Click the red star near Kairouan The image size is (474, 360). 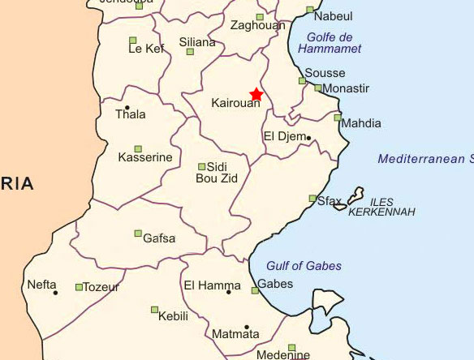[x=256, y=94]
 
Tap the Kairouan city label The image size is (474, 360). [x=235, y=104]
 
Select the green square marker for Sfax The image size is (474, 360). [x=312, y=199]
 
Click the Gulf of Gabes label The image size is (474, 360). [x=304, y=266]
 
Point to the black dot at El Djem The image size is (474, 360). [x=308, y=138]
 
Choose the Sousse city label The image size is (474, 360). [x=325, y=73]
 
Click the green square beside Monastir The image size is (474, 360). [x=318, y=88]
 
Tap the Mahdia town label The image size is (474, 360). [x=362, y=124]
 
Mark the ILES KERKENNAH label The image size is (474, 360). [x=381, y=207]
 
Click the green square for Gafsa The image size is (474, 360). [x=138, y=234]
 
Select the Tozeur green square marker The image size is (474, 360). [x=79, y=287]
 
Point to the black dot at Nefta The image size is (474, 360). [x=56, y=293]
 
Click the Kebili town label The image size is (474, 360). [x=173, y=315]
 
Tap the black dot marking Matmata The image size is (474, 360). [x=246, y=327]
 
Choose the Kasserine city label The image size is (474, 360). [x=146, y=157]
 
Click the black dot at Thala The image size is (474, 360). [x=127, y=108]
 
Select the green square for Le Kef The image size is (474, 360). [x=132, y=40]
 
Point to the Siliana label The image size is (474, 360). [x=197, y=42]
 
